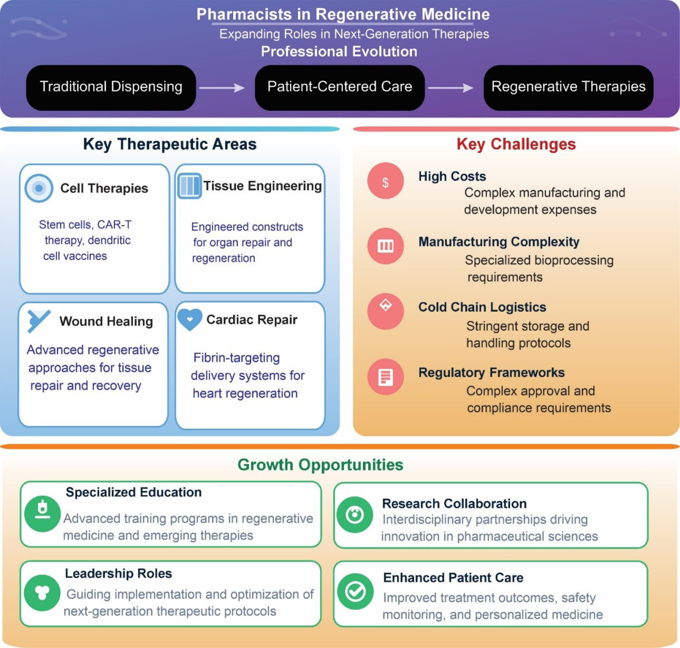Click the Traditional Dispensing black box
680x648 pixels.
pos(111,87)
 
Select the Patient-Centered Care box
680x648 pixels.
pos(340,87)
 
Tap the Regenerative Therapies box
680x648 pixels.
pos(568,87)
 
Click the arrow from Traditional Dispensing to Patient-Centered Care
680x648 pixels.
pos(222,88)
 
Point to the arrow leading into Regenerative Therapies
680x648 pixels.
pos(450,88)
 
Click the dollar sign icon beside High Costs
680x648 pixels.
pos(385,181)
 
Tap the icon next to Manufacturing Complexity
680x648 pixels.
pos(385,246)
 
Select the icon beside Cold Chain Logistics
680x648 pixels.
pos(385,311)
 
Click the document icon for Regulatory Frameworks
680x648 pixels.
pos(385,377)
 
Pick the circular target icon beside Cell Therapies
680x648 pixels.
pos(39,188)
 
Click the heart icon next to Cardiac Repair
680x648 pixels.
pos(190,319)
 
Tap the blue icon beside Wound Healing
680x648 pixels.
pos(38,320)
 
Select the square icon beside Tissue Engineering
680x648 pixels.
pos(189,186)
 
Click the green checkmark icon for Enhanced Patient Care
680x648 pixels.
pos(355,591)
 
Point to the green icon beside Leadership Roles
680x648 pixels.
pos(42,592)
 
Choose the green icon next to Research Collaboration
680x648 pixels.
pos(355,515)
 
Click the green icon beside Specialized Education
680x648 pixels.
pos(42,514)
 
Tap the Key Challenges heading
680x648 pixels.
pos(516,144)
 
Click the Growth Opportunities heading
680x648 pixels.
pos(321,465)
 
